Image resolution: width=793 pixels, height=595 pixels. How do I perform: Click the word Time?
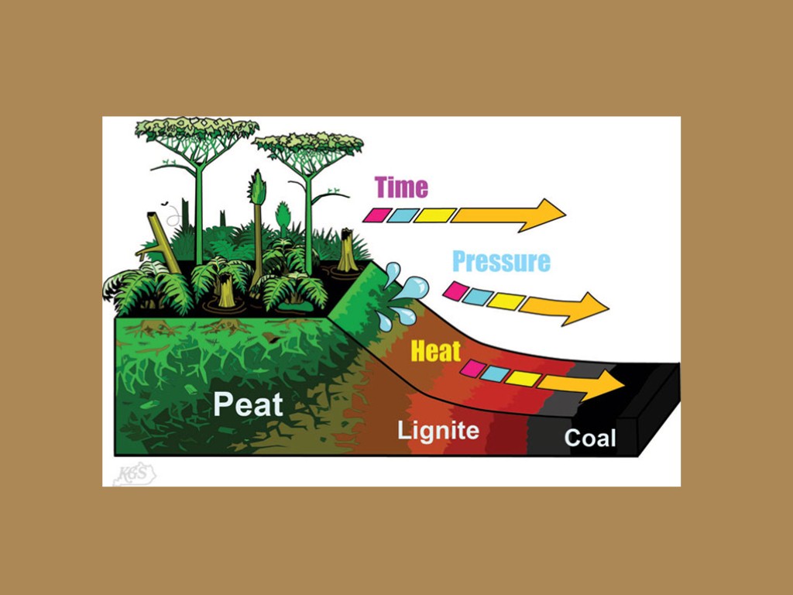pyautogui.click(x=400, y=187)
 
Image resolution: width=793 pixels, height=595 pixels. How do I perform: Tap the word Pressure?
pyautogui.click(x=501, y=261)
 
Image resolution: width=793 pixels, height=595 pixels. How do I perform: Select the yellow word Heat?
pyautogui.click(x=435, y=352)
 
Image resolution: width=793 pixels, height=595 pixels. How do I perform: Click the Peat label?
pyautogui.click(x=248, y=404)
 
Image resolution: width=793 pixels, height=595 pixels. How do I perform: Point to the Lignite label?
pyautogui.click(x=438, y=431)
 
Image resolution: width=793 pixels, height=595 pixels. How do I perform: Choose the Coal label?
pyautogui.click(x=590, y=439)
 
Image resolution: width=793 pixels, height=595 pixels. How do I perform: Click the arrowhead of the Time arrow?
pyautogui.click(x=551, y=215)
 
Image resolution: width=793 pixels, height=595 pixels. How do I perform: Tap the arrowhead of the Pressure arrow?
pyautogui.click(x=593, y=308)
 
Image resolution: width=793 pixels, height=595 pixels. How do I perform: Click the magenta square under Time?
pyautogui.click(x=380, y=214)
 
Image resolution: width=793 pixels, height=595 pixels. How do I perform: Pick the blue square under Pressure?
pyautogui.click(x=478, y=296)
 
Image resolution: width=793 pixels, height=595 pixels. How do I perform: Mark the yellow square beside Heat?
pyautogui.click(x=523, y=378)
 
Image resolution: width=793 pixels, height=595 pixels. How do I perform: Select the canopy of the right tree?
pyautogui.click(x=308, y=146)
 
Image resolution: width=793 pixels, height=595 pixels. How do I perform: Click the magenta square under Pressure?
pyautogui.click(x=455, y=291)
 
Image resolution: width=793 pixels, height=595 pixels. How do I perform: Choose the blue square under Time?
pyautogui.click(x=403, y=215)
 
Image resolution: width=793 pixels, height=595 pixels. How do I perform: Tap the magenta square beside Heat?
pyautogui.click(x=472, y=370)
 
